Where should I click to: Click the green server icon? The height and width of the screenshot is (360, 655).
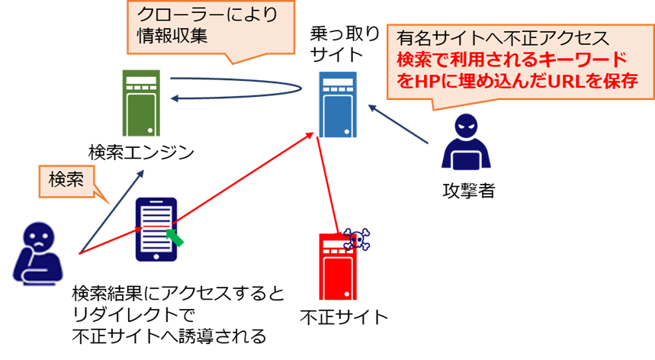tap(141, 103)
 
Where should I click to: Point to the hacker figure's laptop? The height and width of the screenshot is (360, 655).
tap(466, 159)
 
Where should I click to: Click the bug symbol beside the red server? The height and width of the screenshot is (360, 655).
tap(356, 239)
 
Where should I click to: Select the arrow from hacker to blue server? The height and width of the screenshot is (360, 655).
tap(400, 124)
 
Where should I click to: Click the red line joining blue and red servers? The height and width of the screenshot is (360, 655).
tap(326, 183)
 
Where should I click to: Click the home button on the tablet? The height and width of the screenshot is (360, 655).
tap(156, 256)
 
